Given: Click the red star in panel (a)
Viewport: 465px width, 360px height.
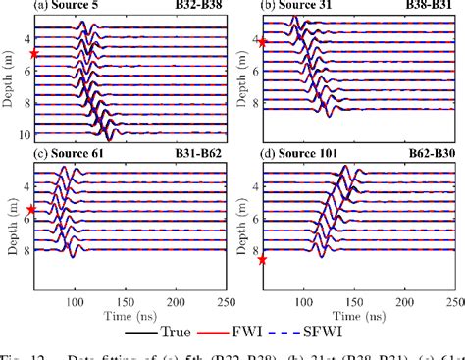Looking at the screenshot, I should (34, 54).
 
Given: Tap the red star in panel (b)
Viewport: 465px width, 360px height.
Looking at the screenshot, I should (262, 42).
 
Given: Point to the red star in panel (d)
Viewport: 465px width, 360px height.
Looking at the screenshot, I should (262, 260).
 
